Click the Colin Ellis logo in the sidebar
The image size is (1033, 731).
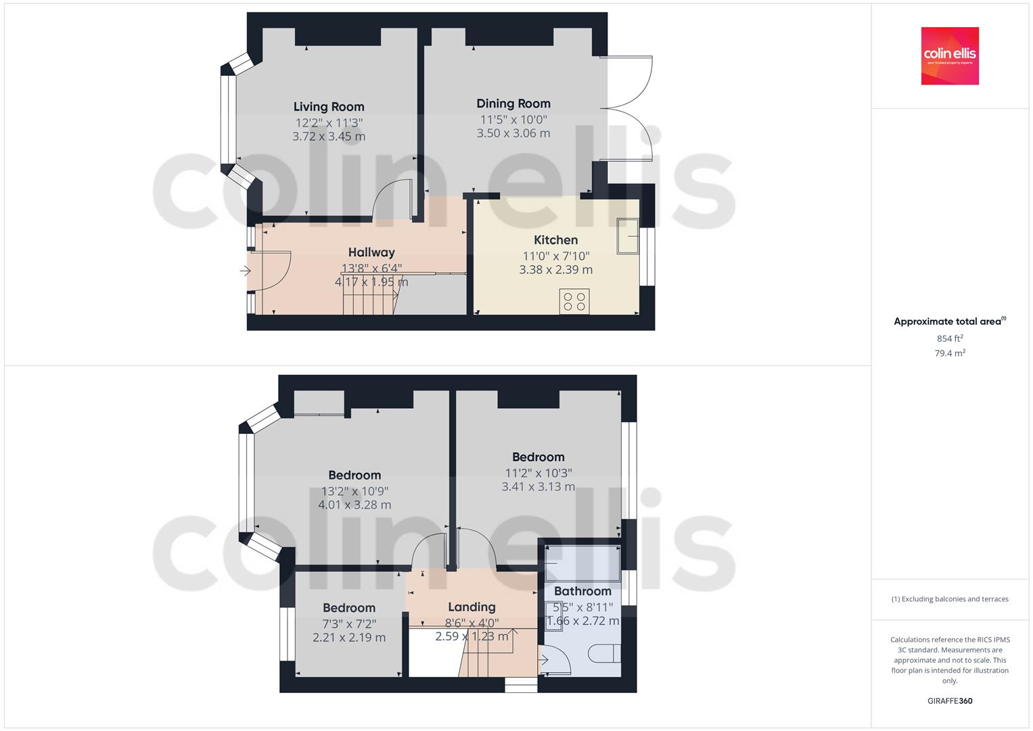coord(949,56)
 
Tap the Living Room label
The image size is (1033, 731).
coord(329,107)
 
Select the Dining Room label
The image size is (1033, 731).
coord(513,104)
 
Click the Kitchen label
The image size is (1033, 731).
coord(555,240)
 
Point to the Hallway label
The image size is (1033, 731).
coord(371,252)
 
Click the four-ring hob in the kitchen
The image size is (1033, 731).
coord(574,301)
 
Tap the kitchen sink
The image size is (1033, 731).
coord(627,236)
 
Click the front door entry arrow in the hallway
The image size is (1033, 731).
coord(245,271)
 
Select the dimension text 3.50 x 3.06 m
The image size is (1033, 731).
coord(513,133)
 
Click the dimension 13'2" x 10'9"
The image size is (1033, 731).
coord(354,491)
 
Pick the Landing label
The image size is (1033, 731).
coord(472,607)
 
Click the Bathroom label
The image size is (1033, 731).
coord(582,592)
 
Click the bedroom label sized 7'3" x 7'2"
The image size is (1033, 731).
coord(349,608)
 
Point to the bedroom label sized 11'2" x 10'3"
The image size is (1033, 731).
coord(538,458)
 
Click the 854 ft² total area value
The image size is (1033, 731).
coord(950,338)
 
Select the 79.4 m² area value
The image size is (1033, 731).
coord(950,353)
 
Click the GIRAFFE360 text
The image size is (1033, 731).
coord(949,701)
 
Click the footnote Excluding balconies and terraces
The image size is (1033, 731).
coord(950,599)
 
